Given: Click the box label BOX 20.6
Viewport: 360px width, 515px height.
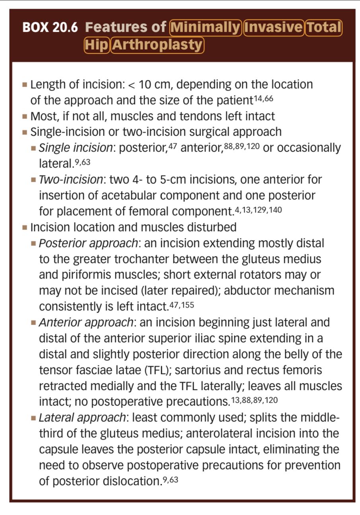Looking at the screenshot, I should [50, 27].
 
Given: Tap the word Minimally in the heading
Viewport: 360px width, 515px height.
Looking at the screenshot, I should [205, 27].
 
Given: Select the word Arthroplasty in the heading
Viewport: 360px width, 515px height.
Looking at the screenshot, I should [158, 45].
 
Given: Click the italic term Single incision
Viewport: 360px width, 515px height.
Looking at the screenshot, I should [76, 148].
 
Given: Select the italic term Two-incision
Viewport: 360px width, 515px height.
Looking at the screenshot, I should [71, 179].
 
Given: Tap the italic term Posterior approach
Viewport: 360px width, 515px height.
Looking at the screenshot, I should [88, 243].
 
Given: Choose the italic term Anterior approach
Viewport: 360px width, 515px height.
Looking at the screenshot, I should [86, 322].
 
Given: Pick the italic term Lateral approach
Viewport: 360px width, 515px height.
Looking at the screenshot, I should [82, 417].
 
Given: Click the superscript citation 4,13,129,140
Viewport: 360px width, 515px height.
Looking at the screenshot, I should [258, 209].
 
